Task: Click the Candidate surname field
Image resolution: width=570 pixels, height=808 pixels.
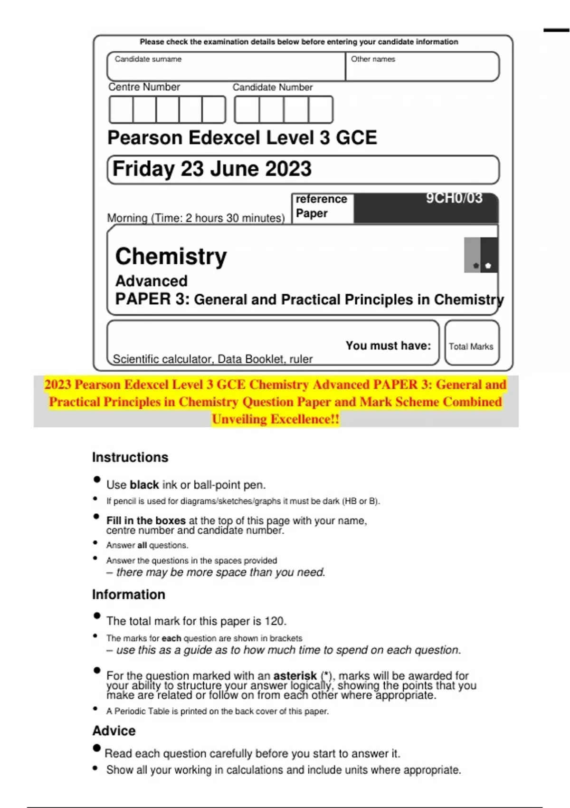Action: [x=226, y=67]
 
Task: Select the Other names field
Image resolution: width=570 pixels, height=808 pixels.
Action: [x=422, y=67]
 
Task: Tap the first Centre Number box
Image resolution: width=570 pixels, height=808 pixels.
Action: [x=121, y=110]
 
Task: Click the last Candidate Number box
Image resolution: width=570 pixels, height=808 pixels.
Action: [x=321, y=110]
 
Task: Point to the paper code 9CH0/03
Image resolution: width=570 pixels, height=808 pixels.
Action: [x=454, y=198]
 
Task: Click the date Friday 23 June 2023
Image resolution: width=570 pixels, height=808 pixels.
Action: [x=212, y=169]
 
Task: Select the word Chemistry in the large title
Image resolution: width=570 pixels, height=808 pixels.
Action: [x=171, y=257]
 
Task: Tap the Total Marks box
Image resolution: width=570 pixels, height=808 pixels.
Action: [x=471, y=346]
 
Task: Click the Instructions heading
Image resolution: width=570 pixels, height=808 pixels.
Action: [x=130, y=457]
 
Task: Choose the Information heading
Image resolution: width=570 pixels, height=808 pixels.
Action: [x=129, y=595]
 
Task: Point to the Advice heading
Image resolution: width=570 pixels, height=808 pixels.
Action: [x=114, y=731]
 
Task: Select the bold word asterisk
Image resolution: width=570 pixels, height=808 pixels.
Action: [x=295, y=675]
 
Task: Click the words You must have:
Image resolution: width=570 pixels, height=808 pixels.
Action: [x=388, y=346]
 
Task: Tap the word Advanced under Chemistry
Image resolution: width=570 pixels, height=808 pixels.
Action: [x=152, y=281]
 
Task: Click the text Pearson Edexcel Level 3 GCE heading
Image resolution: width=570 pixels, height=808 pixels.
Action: [x=242, y=138]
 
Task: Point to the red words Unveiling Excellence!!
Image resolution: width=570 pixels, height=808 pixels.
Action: [x=275, y=419]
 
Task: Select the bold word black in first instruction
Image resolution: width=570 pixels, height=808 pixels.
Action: [x=144, y=485]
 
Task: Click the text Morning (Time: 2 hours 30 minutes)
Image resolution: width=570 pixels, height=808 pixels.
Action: [x=196, y=218]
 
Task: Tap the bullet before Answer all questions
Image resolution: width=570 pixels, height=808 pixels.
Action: [x=95, y=543]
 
